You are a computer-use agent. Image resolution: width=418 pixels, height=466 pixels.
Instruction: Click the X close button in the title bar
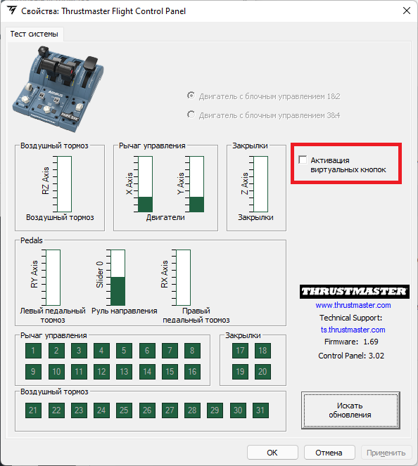click(x=407, y=11)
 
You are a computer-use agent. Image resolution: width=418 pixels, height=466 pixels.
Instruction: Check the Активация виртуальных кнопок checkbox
click(x=303, y=160)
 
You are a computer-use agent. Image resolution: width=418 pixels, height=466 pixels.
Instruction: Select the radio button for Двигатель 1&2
click(x=191, y=96)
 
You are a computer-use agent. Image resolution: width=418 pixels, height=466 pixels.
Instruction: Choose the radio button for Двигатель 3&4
click(x=191, y=115)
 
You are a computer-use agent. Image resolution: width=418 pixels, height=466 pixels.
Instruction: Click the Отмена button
click(x=329, y=453)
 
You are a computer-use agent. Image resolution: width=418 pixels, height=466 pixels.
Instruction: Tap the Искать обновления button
click(x=350, y=410)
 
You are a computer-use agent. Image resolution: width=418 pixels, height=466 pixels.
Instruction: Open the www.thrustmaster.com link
click(x=353, y=305)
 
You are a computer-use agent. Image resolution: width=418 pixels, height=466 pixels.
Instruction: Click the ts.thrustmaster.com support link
click(x=353, y=330)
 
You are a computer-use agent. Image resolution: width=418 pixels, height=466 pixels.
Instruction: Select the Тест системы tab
click(x=34, y=34)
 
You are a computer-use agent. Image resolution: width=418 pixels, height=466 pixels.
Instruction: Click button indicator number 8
click(x=192, y=351)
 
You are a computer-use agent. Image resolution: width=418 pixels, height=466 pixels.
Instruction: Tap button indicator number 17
click(x=240, y=351)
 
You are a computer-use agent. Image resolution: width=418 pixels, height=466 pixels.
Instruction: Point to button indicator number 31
click(x=260, y=410)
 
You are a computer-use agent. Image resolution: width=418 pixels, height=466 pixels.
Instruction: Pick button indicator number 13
click(x=124, y=372)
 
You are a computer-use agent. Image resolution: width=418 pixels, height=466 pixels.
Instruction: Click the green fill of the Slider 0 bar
click(x=118, y=291)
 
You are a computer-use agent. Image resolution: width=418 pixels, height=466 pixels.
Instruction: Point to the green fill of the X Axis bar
click(x=145, y=204)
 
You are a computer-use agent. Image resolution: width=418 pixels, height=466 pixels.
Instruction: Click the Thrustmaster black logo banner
click(x=355, y=291)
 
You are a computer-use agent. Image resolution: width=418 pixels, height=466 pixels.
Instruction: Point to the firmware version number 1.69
click(x=371, y=342)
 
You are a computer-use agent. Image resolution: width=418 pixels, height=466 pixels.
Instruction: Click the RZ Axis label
click(x=46, y=181)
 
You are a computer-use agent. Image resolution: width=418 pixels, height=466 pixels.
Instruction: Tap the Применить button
click(x=386, y=453)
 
